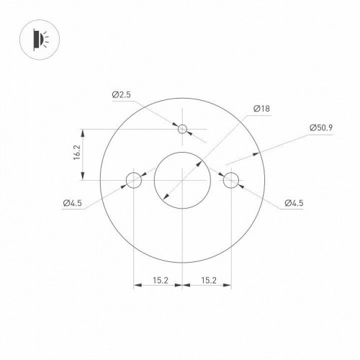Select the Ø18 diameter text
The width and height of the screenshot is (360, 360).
pos(261,110)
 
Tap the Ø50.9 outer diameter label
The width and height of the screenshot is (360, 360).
pos(321,128)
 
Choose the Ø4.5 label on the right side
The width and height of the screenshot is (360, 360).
pos(293,204)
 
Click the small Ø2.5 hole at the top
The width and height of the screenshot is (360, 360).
pos(183,130)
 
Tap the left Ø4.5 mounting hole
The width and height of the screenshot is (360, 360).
pos(133,180)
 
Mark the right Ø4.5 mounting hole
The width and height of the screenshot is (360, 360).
pos(231,180)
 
